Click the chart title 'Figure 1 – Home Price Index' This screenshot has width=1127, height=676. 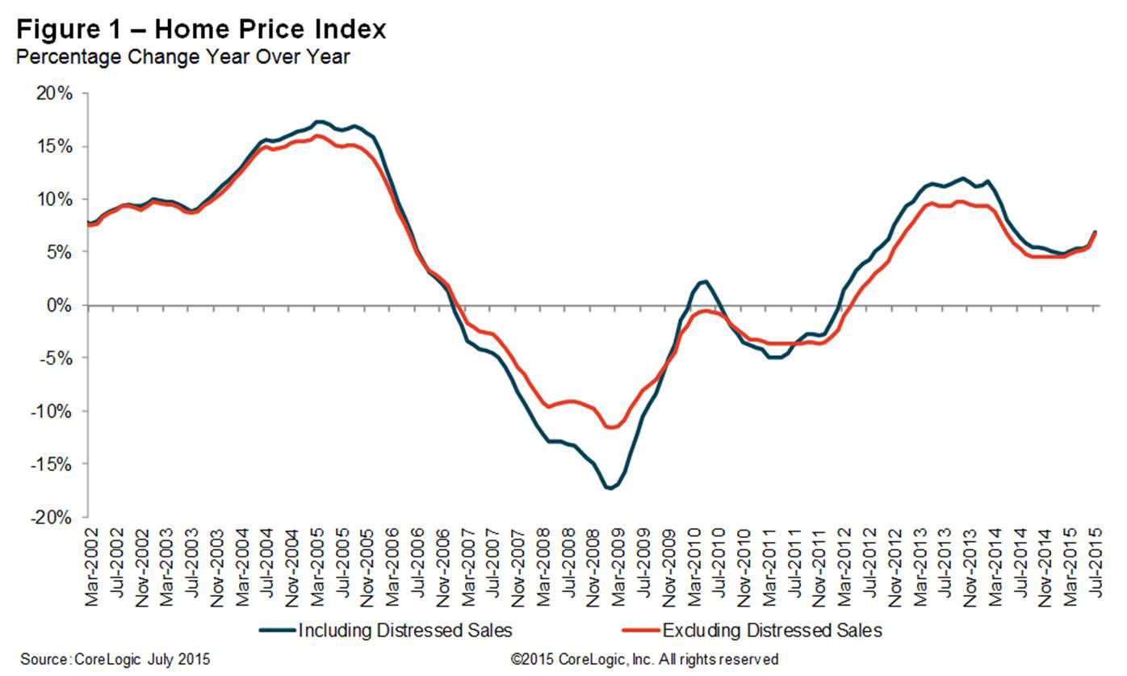201,30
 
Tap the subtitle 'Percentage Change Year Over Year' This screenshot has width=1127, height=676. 182,57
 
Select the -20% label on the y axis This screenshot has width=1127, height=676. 52,518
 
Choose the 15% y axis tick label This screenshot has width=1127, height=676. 56,147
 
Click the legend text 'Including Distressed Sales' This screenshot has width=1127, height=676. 404,629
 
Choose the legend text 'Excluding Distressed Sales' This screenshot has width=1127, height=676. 771,629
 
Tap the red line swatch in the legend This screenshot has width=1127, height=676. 640,629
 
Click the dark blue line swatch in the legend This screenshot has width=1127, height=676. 276,629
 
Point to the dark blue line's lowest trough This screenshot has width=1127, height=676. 610,489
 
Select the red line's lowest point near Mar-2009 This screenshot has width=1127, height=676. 611,428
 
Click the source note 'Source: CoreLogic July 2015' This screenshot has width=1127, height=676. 115,660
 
